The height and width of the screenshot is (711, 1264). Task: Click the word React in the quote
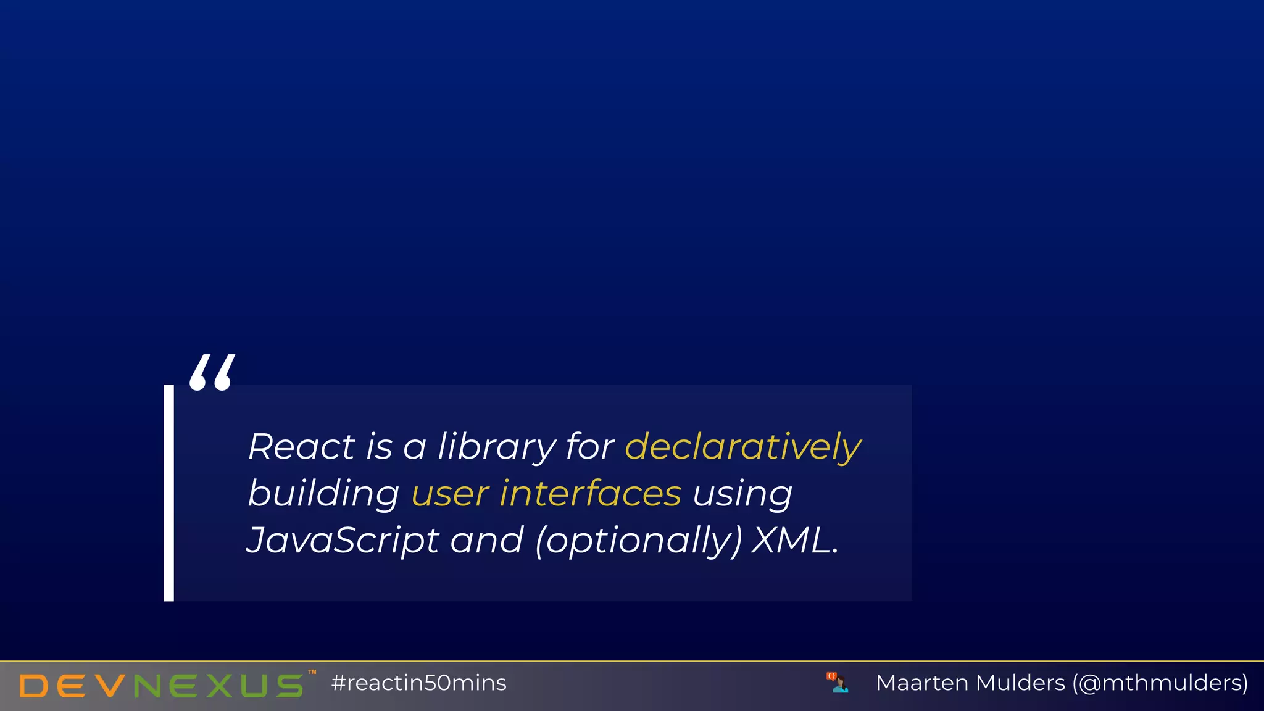(301, 446)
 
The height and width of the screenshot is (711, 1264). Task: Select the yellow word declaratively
(742, 446)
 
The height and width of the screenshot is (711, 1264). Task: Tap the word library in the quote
(496, 446)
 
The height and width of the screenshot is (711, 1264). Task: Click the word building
(323, 493)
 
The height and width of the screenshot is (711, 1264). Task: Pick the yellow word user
(450, 494)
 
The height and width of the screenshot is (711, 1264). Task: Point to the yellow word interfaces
(590, 493)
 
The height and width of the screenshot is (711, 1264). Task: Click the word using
(742, 494)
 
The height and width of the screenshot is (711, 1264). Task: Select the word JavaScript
(343, 540)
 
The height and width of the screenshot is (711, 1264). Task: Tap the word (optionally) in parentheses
(639, 541)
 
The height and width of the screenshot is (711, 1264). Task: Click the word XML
(794, 540)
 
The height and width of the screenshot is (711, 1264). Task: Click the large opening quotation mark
(212, 372)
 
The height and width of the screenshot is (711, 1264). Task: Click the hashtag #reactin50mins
(418, 683)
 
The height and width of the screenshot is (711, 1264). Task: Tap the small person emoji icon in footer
(838, 683)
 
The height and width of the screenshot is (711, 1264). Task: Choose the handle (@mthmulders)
(1160, 683)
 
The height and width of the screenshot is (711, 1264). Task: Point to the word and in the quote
(486, 540)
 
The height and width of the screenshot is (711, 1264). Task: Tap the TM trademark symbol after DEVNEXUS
(312, 672)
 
